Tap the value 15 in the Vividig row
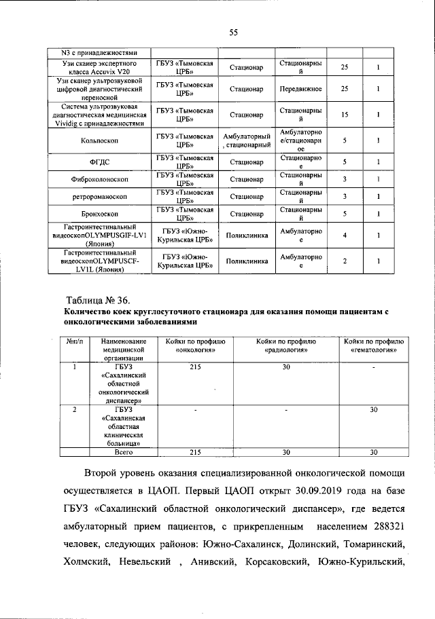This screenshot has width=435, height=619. click(x=345, y=115)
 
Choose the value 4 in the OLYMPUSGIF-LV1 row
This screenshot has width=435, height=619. click(x=345, y=236)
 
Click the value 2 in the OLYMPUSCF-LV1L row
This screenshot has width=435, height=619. click(x=345, y=261)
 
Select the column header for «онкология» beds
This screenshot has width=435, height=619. click(x=195, y=346)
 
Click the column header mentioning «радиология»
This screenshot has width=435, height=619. click(x=286, y=346)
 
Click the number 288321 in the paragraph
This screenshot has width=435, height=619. click(x=387, y=527)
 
